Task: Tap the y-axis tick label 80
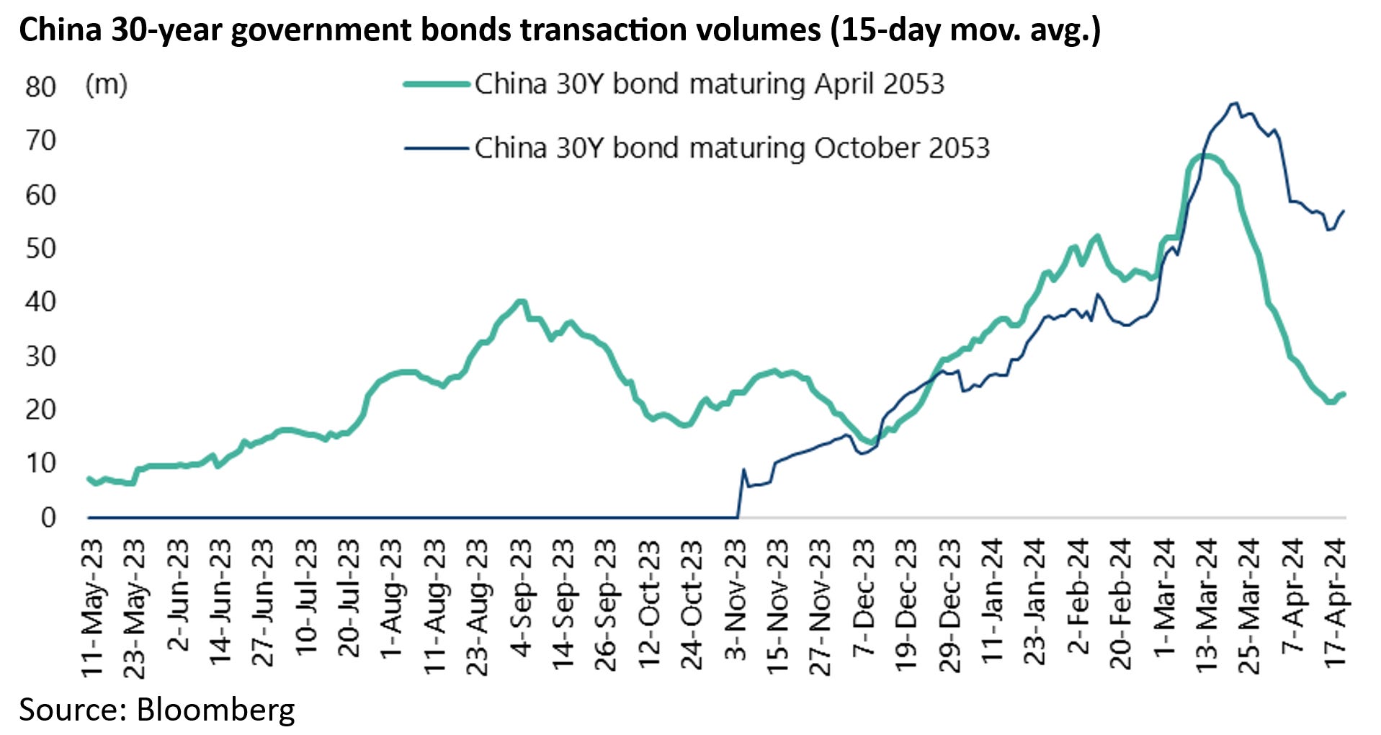(x=40, y=87)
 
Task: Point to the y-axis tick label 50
(x=40, y=249)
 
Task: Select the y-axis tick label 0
(x=48, y=517)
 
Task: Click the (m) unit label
(x=106, y=84)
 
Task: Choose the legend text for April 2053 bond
(x=709, y=84)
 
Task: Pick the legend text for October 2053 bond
(x=732, y=148)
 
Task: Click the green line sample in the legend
(x=437, y=84)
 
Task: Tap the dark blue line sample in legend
(x=437, y=148)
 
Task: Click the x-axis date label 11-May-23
(x=92, y=607)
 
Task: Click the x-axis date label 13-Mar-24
(x=1206, y=605)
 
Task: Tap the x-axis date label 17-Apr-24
(x=1335, y=602)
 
